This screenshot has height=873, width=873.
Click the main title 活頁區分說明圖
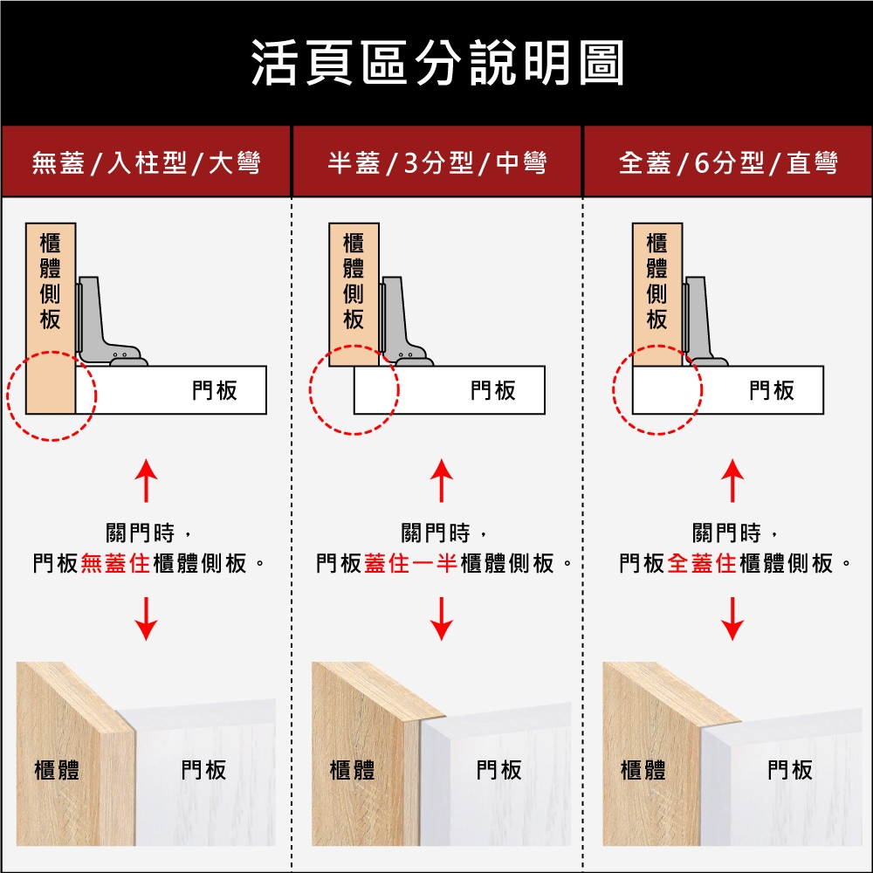(x=437, y=62)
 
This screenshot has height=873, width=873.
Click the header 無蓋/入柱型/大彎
(x=146, y=162)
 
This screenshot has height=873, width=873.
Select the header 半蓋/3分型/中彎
(x=437, y=162)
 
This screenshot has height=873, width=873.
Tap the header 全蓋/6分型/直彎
(x=728, y=162)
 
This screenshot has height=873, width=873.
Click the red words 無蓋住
(x=116, y=563)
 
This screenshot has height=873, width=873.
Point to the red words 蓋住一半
(x=411, y=563)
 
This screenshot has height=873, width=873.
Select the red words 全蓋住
(x=702, y=563)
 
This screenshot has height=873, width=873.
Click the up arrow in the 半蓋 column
(x=442, y=480)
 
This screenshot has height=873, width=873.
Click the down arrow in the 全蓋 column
(x=732, y=619)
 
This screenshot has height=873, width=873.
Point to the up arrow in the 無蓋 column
(x=146, y=480)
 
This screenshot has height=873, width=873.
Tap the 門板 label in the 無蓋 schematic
(x=215, y=390)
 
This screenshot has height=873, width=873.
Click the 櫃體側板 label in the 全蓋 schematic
(x=657, y=282)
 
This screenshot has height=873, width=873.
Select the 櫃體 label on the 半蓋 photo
(x=352, y=771)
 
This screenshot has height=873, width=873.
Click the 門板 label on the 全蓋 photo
(x=789, y=771)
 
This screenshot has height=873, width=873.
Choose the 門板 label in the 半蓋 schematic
(x=492, y=390)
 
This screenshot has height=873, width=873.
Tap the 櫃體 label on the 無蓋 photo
(x=57, y=771)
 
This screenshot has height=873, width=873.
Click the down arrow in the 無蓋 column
(x=146, y=619)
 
